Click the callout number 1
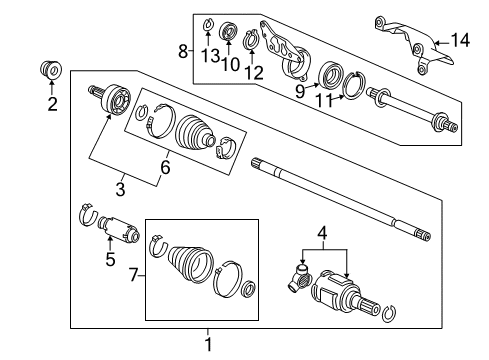(x=208, y=346)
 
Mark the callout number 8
(x=181, y=51)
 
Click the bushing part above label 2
(x=50, y=73)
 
